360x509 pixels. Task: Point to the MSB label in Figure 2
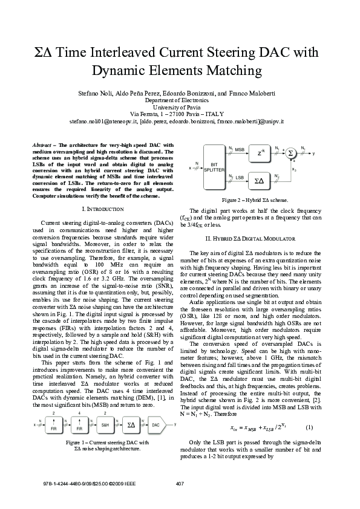click(240, 149)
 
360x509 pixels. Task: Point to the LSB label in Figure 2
click(240, 177)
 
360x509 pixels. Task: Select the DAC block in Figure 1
click(155, 426)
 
